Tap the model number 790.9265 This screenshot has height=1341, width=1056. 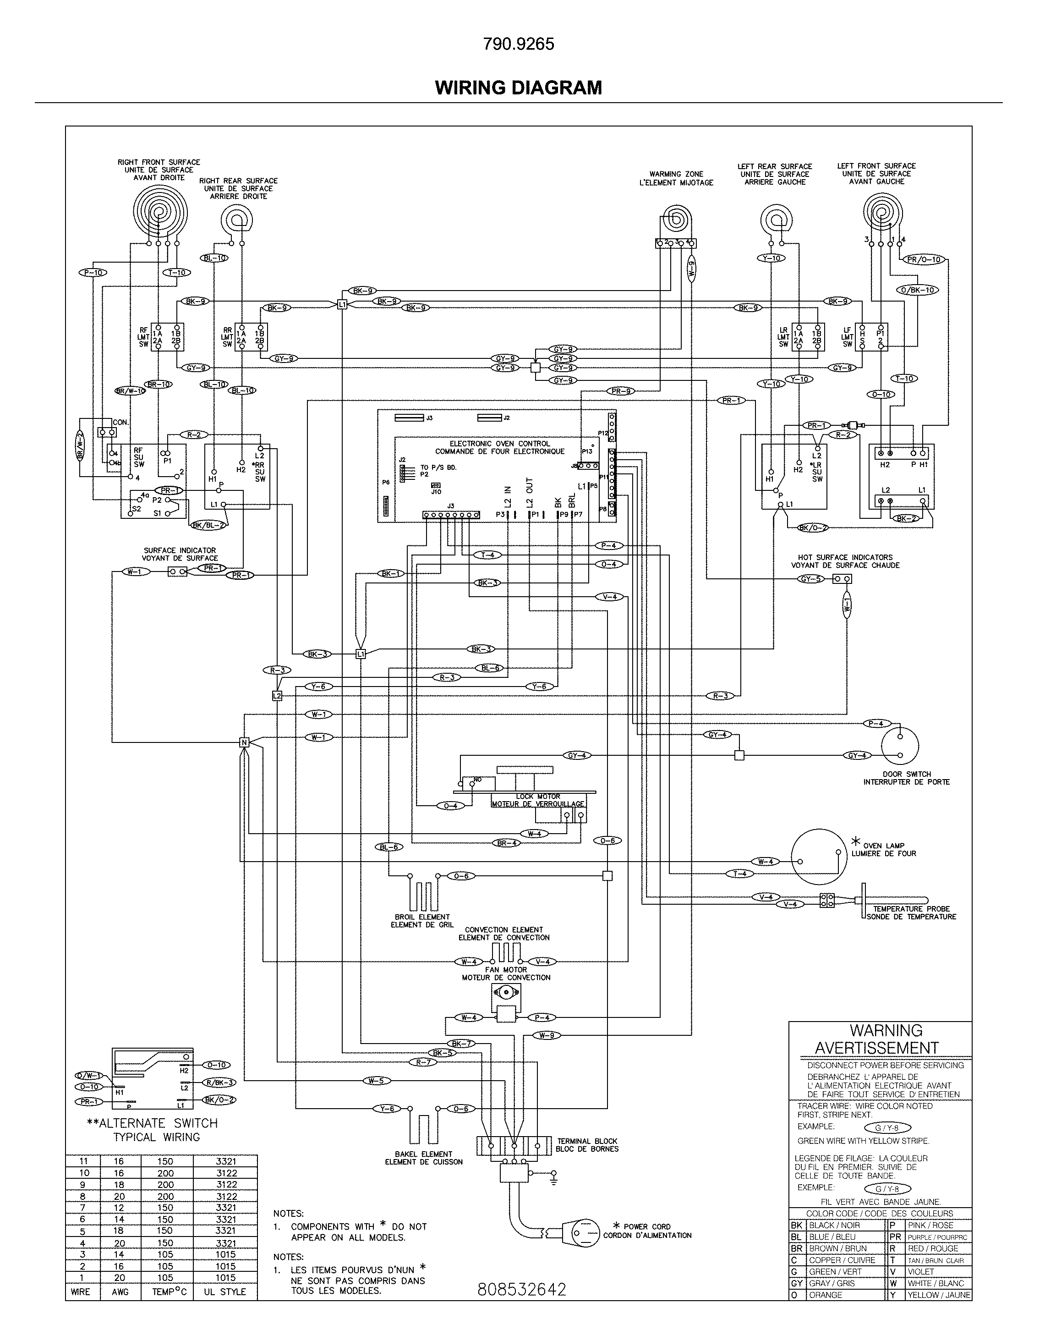(518, 44)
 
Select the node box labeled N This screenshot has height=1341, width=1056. (244, 742)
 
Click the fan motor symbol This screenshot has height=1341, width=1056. (506, 1000)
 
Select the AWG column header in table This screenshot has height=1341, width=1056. (120, 1292)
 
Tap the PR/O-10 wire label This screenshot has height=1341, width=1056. (924, 260)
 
